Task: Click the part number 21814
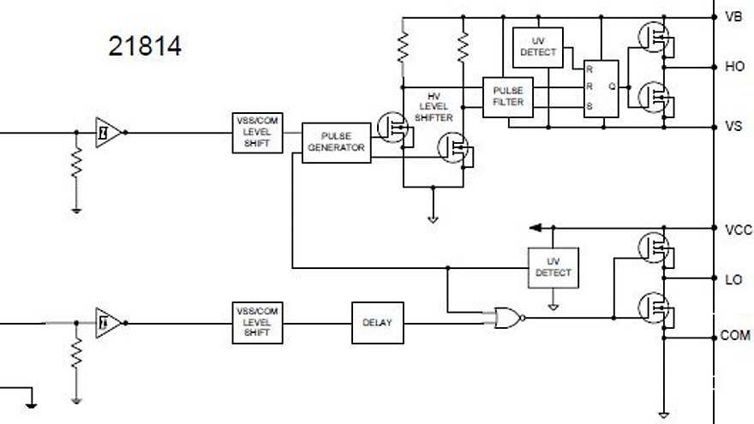[145, 45]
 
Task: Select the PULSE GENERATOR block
[337, 142]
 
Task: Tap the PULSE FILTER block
[508, 96]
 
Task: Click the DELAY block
[377, 323]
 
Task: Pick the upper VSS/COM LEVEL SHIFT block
[257, 132]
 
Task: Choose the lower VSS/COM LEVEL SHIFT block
[257, 322]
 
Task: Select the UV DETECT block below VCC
[553, 267]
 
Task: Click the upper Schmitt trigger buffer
[105, 132]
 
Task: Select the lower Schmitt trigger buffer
[105, 322]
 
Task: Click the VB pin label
[733, 17]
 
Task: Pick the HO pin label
[734, 66]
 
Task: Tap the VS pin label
[733, 127]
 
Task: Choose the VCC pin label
[737, 230]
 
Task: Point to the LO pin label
[733, 279]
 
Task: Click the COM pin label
[735, 336]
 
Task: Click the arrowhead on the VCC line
[536, 228]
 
